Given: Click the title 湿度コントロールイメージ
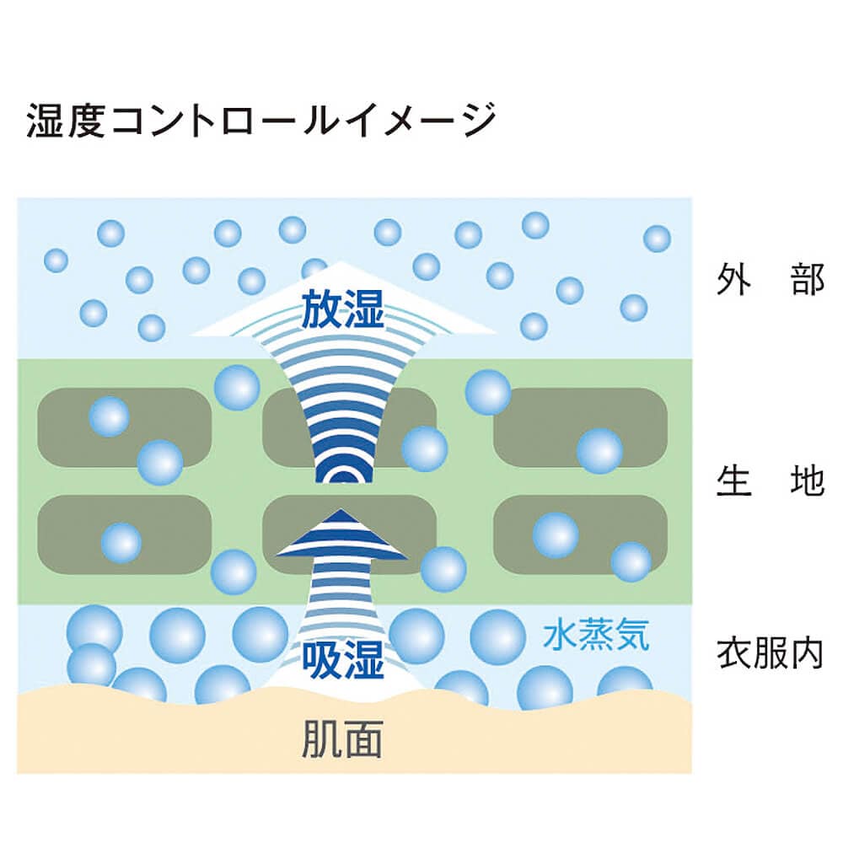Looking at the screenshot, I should click(260, 121).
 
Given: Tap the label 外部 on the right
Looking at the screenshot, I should click(770, 279).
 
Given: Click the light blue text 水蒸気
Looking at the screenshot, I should click(596, 635).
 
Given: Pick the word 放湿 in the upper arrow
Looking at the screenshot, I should click(342, 312).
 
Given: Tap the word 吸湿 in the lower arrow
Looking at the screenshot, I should click(342, 661).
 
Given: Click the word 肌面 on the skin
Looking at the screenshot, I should click(341, 738).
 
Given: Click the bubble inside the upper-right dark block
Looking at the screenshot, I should click(599, 450).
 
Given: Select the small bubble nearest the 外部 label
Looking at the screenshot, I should click(657, 239).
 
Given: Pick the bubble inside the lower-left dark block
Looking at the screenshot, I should click(121, 543).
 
